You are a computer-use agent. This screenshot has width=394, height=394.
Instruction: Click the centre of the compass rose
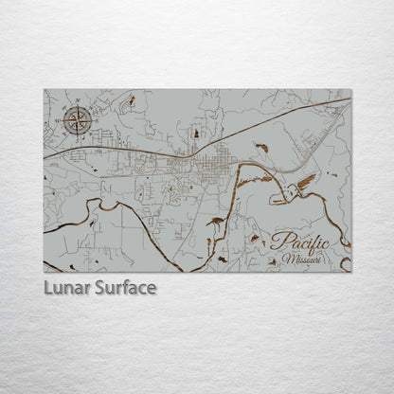pos(79,120)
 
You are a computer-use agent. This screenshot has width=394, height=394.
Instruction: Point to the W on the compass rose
pos(63,120)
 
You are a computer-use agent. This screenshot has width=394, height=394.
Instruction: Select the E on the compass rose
pos(94,120)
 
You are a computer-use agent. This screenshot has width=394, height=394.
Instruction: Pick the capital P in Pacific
pos(277,241)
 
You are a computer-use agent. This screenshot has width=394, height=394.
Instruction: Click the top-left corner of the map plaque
pos(44,90)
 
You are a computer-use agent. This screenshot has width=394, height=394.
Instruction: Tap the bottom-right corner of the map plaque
pos(350,272)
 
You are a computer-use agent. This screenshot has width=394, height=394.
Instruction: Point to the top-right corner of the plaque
pos(350,90)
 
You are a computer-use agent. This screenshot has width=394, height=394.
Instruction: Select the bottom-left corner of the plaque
pos(44,272)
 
